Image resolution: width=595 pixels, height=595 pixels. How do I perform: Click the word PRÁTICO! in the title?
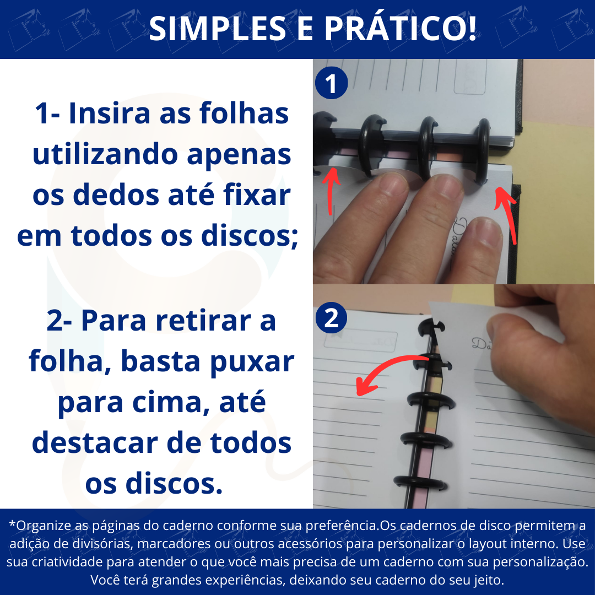(x=401, y=28)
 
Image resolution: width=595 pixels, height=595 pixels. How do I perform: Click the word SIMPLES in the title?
(x=217, y=29)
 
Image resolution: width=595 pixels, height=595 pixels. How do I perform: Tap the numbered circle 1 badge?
(x=331, y=83)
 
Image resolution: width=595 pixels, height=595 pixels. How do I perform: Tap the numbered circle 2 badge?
(x=331, y=318)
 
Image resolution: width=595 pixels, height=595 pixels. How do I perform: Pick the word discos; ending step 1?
(x=250, y=236)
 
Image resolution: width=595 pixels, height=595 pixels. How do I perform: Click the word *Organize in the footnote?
(x=40, y=526)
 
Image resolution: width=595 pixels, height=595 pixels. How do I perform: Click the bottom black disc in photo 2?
(x=420, y=484)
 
